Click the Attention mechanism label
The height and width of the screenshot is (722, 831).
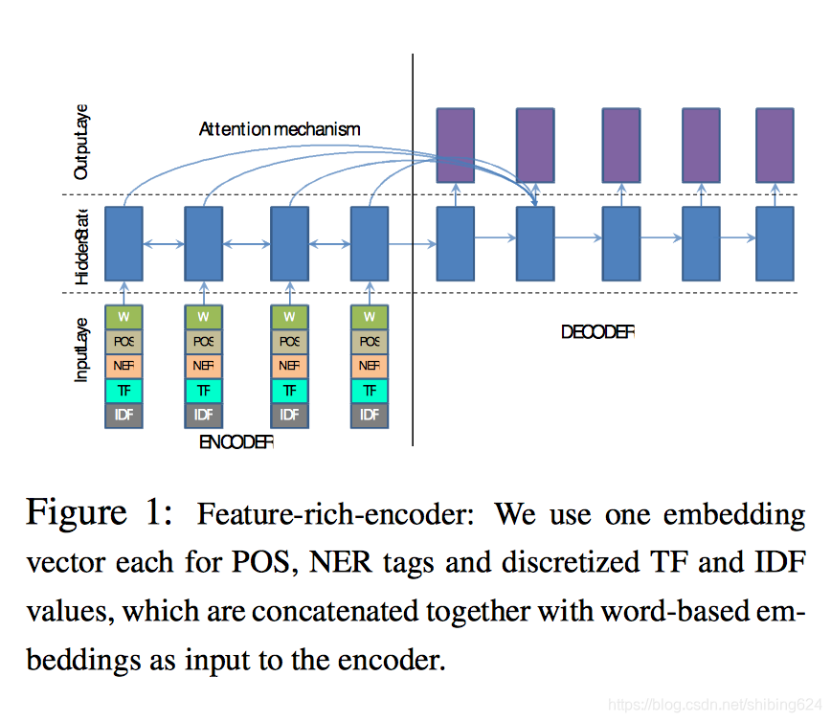tap(280, 128)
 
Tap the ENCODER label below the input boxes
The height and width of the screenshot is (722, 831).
tap(236, 442)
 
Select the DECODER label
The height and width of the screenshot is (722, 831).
tap(597, 332)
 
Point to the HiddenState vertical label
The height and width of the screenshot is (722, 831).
tap(81, 245)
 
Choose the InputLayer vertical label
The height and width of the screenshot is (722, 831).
tap(81, 350)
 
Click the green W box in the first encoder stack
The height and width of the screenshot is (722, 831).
tap(124, 316)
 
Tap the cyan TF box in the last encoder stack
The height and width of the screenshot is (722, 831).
tap(370, 390)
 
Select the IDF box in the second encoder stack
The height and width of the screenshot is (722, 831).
tap(203, 415)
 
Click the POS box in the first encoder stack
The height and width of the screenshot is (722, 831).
tap(124, 341)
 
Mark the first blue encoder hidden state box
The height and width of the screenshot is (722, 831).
tap(124, 243)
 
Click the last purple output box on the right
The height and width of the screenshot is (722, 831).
tap(775, 145)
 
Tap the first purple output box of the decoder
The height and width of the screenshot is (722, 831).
tap(456, 145)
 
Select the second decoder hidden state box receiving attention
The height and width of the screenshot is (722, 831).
tap(535, 243)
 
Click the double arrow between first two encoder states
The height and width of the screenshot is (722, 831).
tap(163, 245)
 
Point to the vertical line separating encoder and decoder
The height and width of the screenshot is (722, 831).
tap(413, 287)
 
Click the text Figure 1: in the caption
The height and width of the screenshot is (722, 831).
tap(99, 512)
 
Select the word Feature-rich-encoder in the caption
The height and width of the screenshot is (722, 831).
tap(334, 514)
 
